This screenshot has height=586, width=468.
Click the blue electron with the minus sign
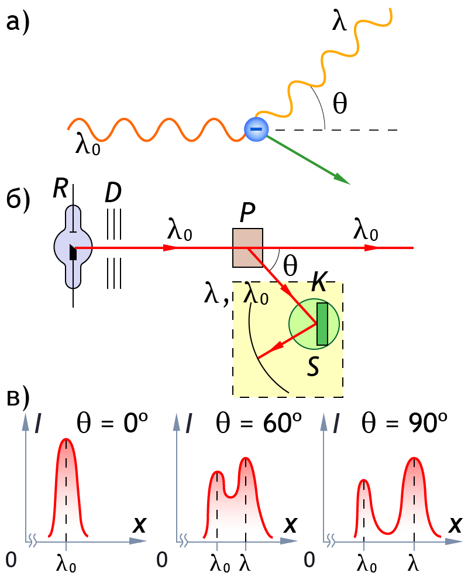[x=256, y=129]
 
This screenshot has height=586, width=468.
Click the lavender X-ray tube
[x=73, y=247]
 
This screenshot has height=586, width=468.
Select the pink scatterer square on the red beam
[x=248, y=248]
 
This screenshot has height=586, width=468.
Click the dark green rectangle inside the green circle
[x=322, y=324]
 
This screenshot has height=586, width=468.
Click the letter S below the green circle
[x=314, y=367]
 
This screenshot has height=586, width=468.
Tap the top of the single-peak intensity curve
[x=67, y=439]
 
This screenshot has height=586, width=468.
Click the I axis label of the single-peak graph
[x=37, y=423]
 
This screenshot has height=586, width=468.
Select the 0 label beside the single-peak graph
[x=11, y=560]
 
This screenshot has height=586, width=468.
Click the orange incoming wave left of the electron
[x=152, y=130]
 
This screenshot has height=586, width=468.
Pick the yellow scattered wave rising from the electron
[x=328, y=59]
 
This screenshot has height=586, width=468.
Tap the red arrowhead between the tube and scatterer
[x=170, y=248]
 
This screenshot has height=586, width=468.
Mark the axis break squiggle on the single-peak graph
[x=33, y=540]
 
